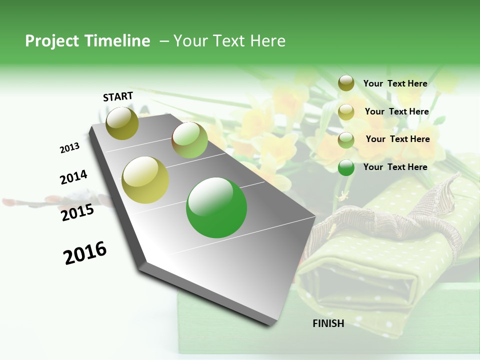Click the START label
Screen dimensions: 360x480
(x=118, y=96)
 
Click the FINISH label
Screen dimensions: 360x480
(x=328, y=323)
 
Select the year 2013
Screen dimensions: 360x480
(x=69, y=148)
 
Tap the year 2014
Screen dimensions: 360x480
(x=73, y=177)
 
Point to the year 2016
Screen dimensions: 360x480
(x=85, y=253)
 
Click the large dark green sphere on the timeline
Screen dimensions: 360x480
(x=216, y=208)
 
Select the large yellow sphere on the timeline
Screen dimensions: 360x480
(x=145, y=180)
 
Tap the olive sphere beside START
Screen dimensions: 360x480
(x=122, y=123)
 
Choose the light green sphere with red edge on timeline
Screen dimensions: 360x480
(x=190, y=140)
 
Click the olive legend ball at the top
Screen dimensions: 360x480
(x=346, y=83)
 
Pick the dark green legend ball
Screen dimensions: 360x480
(x=346, y=167)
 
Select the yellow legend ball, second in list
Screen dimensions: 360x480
(x=346, y=112)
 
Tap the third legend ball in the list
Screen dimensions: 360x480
(x=346, y=140)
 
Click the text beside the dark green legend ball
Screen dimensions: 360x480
(x=395, y=167)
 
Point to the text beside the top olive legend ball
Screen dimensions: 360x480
(x=395, y=83)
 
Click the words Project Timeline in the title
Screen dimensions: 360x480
(x=87, y=41)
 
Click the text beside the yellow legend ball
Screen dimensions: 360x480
(x=396, y=111)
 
